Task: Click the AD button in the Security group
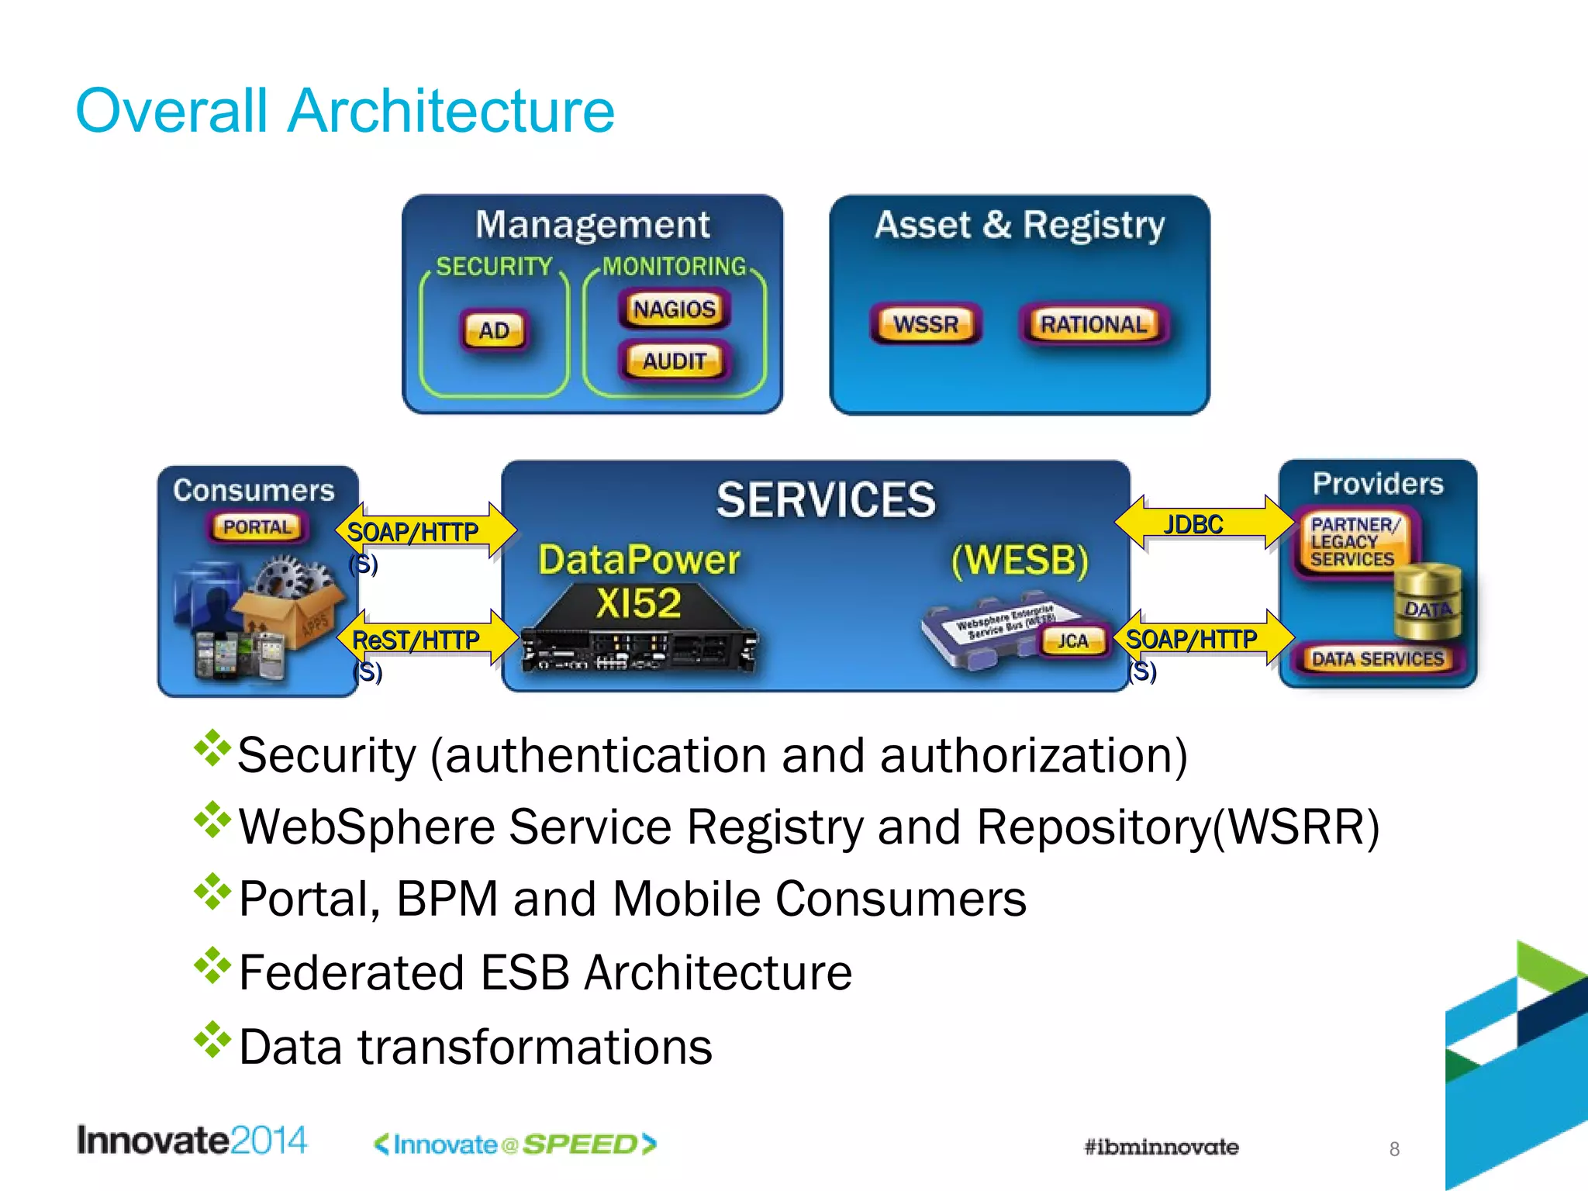tap(494, 331)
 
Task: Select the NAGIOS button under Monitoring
tap(674, 309)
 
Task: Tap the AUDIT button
tap(674, 361)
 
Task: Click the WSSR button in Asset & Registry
tap(926, 324)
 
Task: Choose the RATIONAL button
tap(1093, 324)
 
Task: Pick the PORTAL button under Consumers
tap(257, 527)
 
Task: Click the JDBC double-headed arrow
tap(1204, 524)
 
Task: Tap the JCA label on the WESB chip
tap(1073, 640)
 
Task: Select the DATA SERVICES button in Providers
tap(1378, 659)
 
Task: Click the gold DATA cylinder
tap(1428, 601)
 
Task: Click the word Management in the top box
tap(592, 225)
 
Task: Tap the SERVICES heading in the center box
tap(826, 500)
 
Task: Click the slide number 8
tap(1394, 1149)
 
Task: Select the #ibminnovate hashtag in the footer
tap(1161, 1147)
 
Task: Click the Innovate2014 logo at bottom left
tap(192, 1141)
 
